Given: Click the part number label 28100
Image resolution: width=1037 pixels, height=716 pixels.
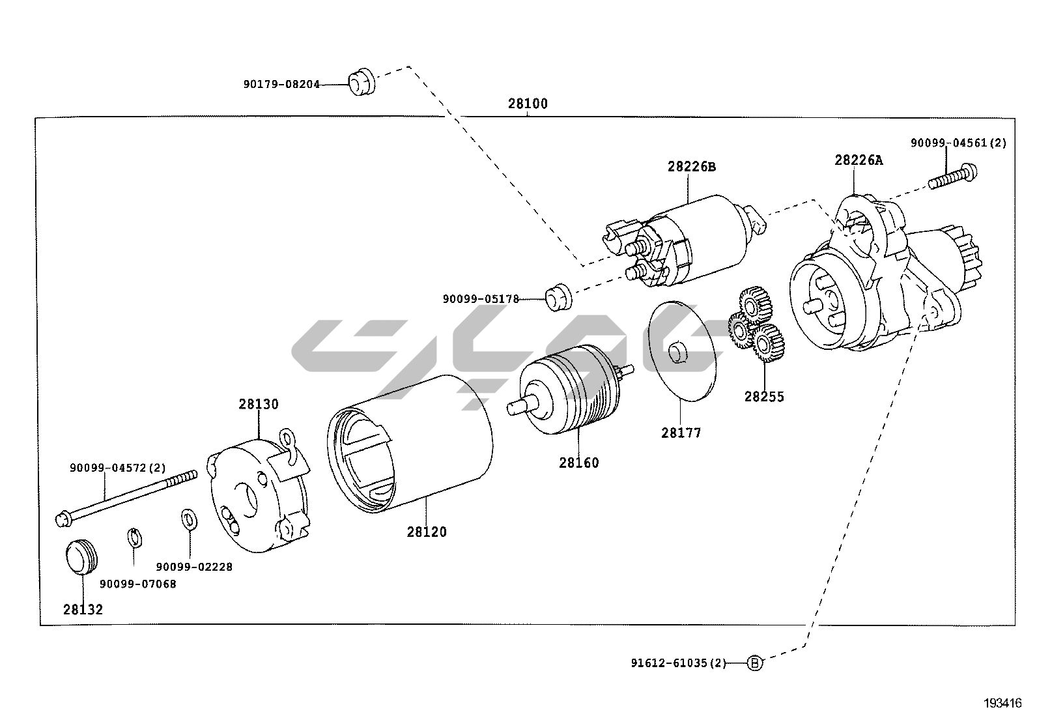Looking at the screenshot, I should click(528, 104).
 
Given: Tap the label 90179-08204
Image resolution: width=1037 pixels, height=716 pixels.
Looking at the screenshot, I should click(281, 84).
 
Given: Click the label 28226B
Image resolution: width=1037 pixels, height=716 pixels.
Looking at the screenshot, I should click(691, 167).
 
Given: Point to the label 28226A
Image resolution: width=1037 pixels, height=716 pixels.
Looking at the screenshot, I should click(859, 160).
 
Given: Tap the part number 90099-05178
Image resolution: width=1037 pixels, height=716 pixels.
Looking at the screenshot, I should click(481, 299).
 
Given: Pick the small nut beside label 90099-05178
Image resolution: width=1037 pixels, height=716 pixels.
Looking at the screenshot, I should click(558, 297).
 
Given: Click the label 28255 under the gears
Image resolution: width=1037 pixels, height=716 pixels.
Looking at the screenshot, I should click(764, 397).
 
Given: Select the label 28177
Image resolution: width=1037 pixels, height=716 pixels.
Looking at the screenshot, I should click(681, 433).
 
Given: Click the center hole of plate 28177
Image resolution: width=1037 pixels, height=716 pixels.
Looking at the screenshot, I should click(678, 352).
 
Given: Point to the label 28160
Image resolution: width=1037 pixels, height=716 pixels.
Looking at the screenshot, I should click(578, 463).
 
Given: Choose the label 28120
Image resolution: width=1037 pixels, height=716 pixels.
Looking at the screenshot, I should click(427, 532).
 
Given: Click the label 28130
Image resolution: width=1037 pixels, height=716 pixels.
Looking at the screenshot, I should click(258, 404).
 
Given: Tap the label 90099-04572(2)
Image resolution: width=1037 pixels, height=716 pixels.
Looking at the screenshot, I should click(118, 468).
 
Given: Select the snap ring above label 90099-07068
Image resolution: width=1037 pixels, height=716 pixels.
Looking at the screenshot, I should click(133, 539).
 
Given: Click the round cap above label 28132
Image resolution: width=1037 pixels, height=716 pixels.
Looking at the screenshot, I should click(81, 558).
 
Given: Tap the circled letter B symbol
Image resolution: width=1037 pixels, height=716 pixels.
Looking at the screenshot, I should click(754, 663).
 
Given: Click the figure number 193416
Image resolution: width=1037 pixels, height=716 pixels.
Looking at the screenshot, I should click(1002, 704).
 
